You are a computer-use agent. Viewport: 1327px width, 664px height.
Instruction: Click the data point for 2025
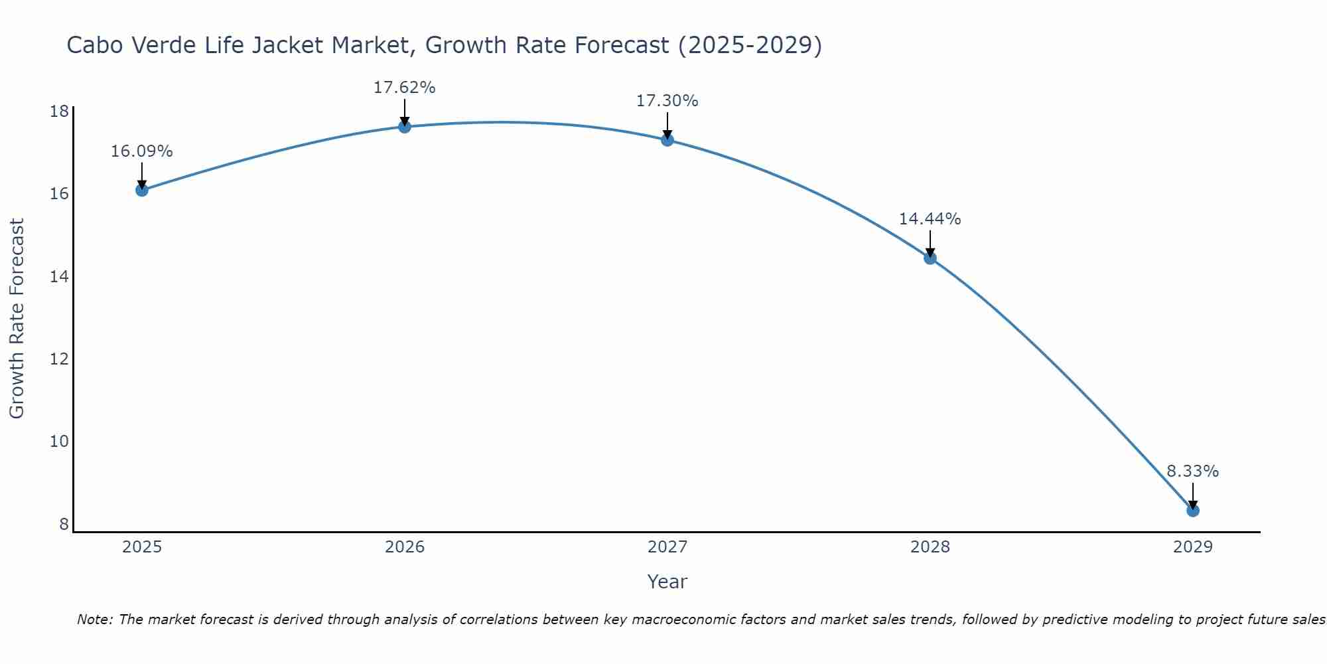(141, 190)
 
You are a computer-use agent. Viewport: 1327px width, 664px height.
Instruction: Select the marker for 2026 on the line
(404, 127)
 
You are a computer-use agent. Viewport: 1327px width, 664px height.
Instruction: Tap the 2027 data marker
(667, 140)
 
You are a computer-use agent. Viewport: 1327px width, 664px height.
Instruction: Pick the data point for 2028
(930, 258)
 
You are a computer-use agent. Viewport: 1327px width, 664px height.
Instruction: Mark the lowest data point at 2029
(1192, 511)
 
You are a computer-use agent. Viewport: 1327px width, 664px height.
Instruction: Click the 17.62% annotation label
(404, 88)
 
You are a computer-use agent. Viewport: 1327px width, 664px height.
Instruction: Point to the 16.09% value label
(141, 151)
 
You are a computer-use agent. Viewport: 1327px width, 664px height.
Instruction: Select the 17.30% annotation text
(667, 101)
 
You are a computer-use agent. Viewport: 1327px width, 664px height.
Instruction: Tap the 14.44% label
(930, 219)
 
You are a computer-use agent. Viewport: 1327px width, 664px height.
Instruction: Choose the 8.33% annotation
(1192, 471)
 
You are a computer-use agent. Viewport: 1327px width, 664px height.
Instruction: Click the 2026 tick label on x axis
(404, 547)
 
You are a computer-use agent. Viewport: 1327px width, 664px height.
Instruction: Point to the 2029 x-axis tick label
(1192, 547)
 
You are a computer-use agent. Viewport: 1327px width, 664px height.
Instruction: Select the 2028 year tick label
(930, 547)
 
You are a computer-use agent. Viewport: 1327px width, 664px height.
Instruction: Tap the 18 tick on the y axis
(60, 111)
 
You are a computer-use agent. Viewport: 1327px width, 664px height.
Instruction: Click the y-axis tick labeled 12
(60, 359)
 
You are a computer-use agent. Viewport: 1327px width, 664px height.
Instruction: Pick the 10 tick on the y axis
(60, 442)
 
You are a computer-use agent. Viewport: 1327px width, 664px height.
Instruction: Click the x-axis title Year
(667, 582)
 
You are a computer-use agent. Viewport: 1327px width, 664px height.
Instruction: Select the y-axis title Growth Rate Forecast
(17, 319)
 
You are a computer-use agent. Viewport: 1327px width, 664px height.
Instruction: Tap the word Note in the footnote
(95, 620)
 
